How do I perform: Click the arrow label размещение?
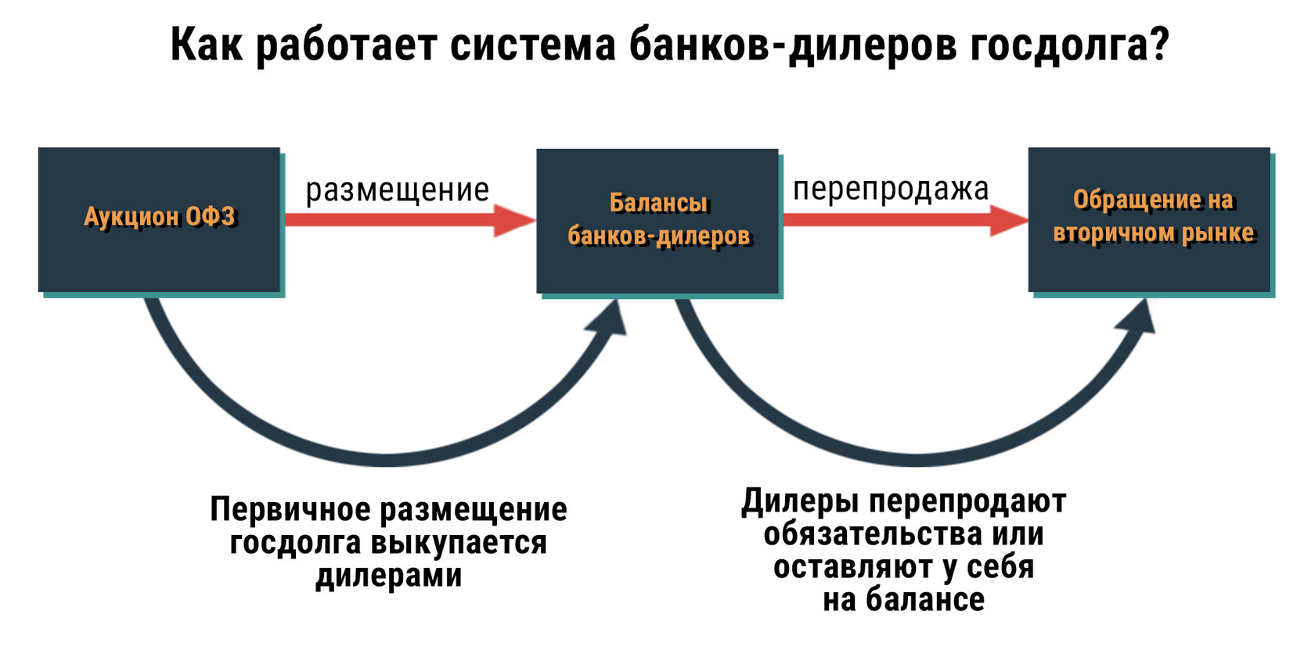[x=397, y=190]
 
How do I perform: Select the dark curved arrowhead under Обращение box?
[x=1140, y=316]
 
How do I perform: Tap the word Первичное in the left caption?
[x=291, y=510]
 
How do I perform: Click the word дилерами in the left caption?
[x=389, y=576]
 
